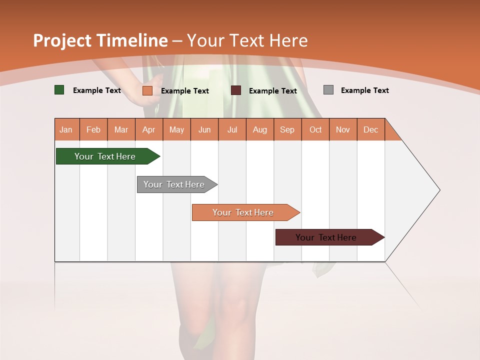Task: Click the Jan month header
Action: [66, 129]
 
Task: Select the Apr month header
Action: [148, 129]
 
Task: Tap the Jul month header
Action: [232, 129]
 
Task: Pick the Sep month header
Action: [287, 129]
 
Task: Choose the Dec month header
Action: [370, 129]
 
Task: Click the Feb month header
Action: [93, 129]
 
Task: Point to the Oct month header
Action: [315, 129]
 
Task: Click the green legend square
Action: [59, 90]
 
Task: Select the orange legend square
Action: [147, 90]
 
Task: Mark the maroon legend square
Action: [236, 90]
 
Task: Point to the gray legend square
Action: [328, 90]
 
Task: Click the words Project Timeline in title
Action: [100, 40]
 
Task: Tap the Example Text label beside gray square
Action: [364, 90]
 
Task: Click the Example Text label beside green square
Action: [96, 90]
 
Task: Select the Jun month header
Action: [204, 129]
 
